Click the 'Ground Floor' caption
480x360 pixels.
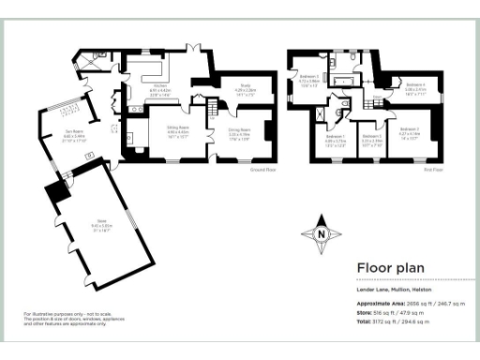pos(262,169)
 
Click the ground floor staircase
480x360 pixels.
pos(199,98)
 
